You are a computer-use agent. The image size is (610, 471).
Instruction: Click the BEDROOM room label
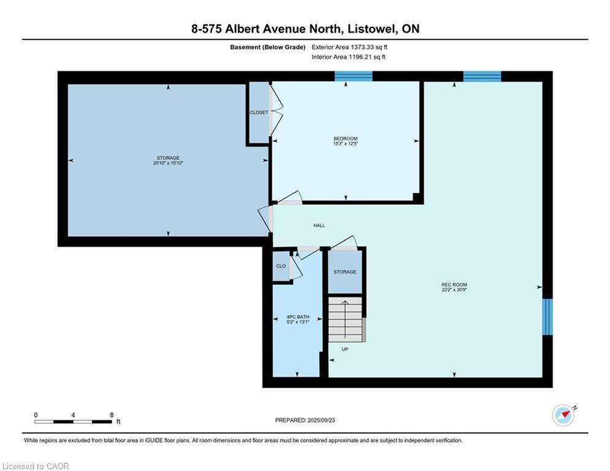pos(345,139)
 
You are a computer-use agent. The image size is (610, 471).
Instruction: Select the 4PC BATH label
pos(298,317)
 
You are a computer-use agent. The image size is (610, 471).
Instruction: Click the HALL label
pos(319,226)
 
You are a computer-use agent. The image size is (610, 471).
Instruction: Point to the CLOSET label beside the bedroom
pos(259,112)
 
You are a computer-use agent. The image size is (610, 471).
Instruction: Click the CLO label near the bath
pos(281,266)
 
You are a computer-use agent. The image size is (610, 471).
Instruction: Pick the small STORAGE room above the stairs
pos(345,272)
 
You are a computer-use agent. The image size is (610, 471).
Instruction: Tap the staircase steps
pos(345,319)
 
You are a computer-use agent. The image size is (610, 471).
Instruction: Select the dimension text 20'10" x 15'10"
pos(168,163)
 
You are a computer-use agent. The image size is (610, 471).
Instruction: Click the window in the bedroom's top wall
pos(354,76)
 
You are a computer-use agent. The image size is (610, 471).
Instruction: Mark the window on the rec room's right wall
pos(547,317)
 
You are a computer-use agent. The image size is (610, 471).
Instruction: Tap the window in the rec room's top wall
pos(482,76)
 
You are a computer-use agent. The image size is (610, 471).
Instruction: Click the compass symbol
pos(563,415)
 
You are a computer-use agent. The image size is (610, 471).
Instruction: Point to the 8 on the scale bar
pos(112,415)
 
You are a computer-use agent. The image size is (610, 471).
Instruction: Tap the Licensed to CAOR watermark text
pos(36,466)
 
